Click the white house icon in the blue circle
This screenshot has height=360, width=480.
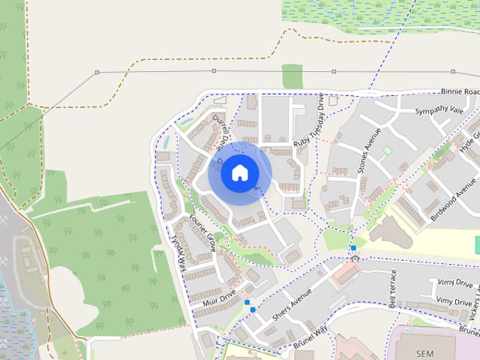(239, 173)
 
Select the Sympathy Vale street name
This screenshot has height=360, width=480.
(441, 112)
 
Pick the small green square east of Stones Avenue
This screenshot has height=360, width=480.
(388, 151)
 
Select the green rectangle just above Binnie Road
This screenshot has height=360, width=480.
(292, 76)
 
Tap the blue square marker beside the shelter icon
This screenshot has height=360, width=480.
(352, 247)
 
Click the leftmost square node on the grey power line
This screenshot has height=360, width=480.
(97, 72)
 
